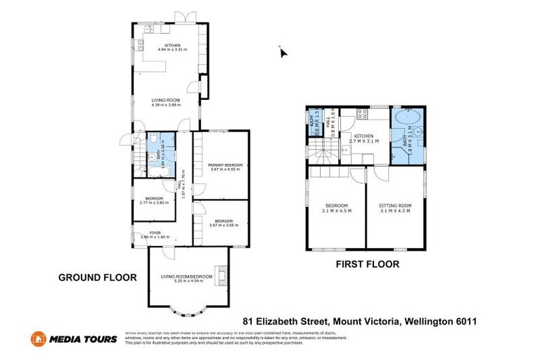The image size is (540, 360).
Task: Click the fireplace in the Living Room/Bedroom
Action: coord(221,276)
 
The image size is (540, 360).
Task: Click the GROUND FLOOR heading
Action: coord(97,278)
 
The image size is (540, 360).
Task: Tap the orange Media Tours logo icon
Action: coord(38,339)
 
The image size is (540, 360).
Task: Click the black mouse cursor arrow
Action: coord(283,53)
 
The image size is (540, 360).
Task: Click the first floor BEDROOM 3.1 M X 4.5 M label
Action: coord(337,207)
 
